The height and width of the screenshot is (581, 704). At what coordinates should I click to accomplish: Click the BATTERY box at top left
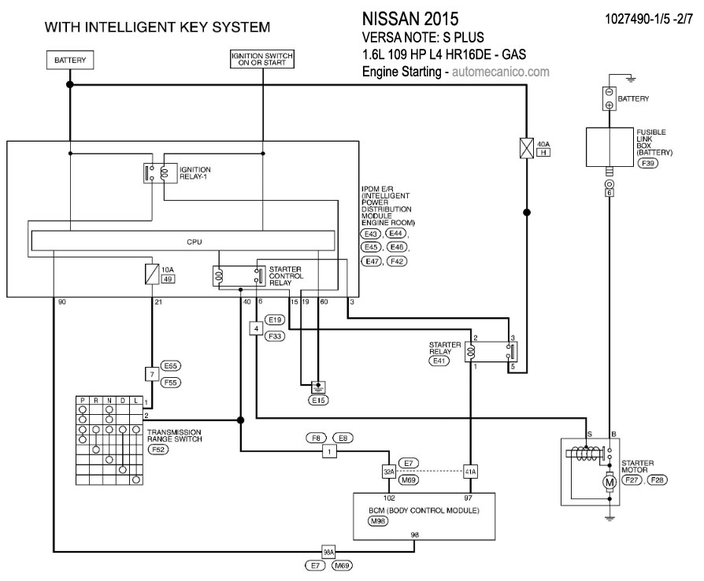pyautogui.click(x=69, y=60)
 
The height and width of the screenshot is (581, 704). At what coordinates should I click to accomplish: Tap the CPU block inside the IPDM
pyautogui.click(x=195, y=242)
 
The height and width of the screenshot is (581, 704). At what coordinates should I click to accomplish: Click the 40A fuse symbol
pyautogui.click(x=526, y=148)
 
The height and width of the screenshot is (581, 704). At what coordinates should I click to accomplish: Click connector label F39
pyautogui.click(x=647, y=164)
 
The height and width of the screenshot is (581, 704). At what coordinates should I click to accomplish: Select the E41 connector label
pyautogui.click(x=438, y=360)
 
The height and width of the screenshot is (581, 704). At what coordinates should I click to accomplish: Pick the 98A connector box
pyautogui.click(x=329, y=550)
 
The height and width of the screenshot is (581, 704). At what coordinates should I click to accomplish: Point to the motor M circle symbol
pyautogui.click(x=608, y=481)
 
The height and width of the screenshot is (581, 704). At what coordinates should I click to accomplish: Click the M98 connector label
pyautogui.click(x=380, y=521)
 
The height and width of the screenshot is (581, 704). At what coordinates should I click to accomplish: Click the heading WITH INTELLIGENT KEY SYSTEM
pyautogui.click(x=157, y=27)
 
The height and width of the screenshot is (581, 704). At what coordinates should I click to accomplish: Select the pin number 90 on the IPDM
pyautogui.click(x=61, y=302)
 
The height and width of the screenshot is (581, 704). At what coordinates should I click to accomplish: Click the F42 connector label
pyautogui.click(x=397, y=261)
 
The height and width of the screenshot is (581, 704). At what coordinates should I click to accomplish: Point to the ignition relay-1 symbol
pyautogui.click(x=160, y=173)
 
